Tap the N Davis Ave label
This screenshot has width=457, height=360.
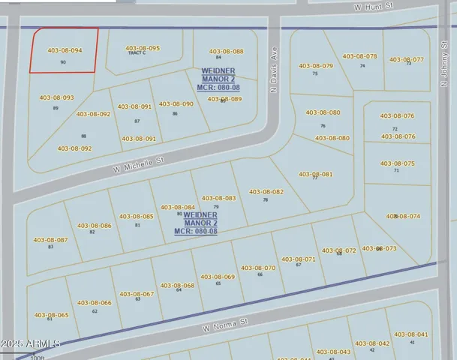point(274,58)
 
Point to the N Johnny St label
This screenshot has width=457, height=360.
point(445,70)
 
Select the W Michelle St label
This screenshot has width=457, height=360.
point(139,163)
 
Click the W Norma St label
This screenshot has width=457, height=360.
point(225,325)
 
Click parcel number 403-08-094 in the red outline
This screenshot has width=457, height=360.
point(65,50)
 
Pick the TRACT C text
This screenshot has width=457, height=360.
point(137,53)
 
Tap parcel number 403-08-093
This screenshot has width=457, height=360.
point(56,97)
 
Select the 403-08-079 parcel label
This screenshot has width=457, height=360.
point(316,66)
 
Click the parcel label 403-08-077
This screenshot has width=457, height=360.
point(407,59)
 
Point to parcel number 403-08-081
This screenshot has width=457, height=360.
point(316,174)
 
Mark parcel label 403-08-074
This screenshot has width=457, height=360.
point(404,216)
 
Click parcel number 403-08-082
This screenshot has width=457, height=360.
point(266,192)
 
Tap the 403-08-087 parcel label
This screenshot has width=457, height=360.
point(50,240)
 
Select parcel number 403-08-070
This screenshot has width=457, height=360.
point(258,268)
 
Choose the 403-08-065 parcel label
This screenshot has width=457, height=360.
point(51,315)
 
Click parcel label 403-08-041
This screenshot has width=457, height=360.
point(411,334)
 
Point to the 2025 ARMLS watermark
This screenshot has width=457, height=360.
point(31,343)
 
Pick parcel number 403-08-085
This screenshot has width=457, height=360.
point(137,217)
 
